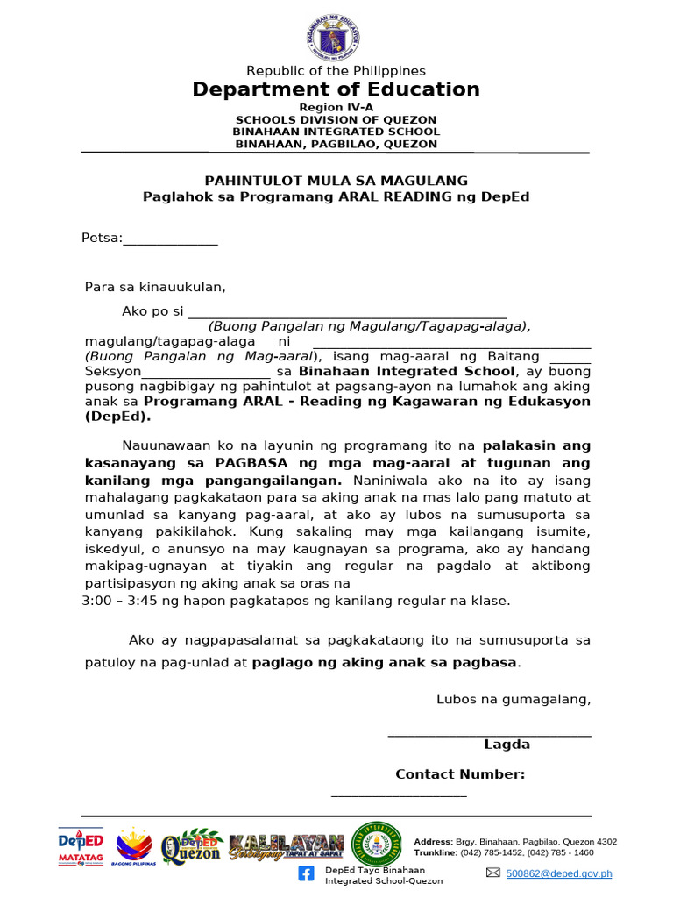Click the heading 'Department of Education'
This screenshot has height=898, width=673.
336,89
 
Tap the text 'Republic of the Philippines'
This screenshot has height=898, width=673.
336,70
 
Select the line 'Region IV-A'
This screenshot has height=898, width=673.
336,107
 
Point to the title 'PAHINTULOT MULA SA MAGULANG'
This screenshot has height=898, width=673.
336,181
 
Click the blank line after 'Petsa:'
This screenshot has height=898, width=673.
171,239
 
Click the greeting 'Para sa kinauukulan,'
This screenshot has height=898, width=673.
155,287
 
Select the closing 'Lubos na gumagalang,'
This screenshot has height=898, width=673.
514,699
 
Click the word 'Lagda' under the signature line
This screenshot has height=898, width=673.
507,745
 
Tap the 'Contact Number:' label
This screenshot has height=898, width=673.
460,774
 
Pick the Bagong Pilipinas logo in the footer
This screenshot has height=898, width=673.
133,845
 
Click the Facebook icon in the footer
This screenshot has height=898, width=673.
306,873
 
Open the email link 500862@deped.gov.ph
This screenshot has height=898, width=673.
558,873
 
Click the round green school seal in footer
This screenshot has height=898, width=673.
376,845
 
